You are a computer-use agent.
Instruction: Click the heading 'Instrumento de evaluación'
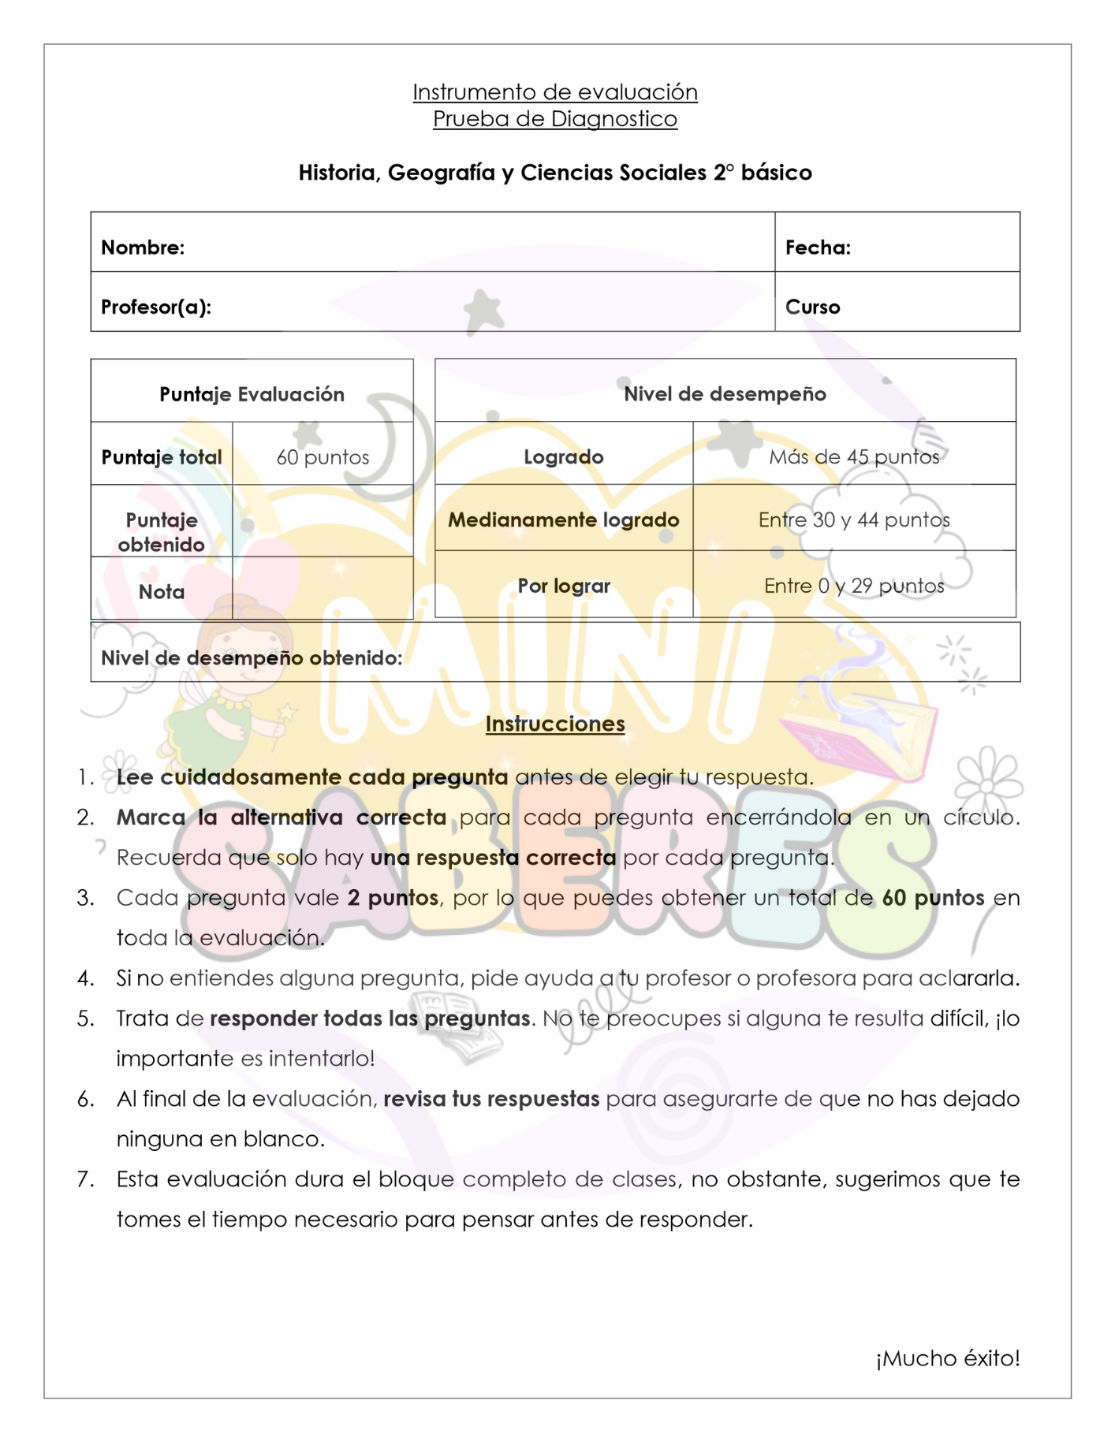coord(555,92)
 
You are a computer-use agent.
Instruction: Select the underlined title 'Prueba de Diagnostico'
coord(555,119)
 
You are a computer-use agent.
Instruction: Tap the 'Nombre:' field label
coord(143,248)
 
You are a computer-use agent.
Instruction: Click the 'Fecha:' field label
coord(818,248)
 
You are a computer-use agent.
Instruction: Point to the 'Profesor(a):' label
coord(156,307)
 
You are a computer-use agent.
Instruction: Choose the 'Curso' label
coord(812,307)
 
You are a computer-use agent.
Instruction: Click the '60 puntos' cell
coord(323,457)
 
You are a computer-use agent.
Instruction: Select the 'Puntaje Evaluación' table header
coord(252,394)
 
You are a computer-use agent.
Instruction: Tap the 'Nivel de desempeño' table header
coord(725,394)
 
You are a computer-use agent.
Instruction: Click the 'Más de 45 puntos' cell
coord(854,457)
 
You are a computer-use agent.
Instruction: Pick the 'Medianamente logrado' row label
coord(564,520)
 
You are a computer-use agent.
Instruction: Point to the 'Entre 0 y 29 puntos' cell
coord(854,586)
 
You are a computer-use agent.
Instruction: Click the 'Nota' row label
coord(162,592)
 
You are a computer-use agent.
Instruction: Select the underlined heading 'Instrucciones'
coord(555,724)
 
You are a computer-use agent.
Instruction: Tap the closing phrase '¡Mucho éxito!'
coord(947,1358)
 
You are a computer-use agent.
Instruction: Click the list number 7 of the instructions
coord(85,1179)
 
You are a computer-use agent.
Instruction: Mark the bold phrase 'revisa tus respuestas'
coord(491,1099)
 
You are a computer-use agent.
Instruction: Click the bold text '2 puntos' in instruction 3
coord(393,898)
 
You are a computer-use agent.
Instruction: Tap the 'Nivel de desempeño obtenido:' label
coord(252,657)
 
